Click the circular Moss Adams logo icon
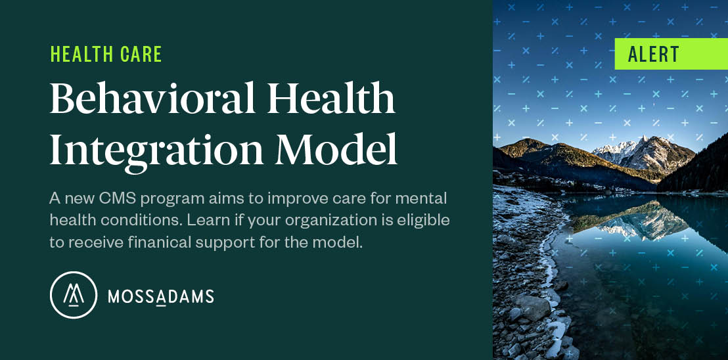[74, 295]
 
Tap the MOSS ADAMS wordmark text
[161, 297]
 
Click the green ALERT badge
[670, 54]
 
